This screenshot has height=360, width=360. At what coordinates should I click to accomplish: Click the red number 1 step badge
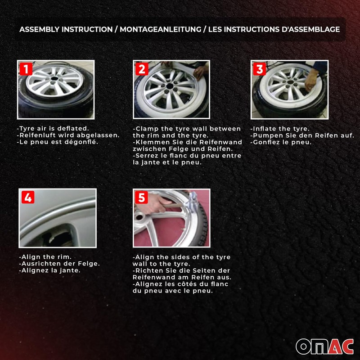tap(26, 69)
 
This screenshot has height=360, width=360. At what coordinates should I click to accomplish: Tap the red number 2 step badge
tap(142, 69)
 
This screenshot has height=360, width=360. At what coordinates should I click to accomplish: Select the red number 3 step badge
tap(259, 69)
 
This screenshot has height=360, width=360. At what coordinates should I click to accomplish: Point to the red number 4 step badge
tap(27, 198)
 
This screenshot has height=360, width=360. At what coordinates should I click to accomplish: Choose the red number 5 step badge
tap(142, 198)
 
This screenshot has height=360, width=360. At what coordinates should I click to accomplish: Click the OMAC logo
tap(324, 346)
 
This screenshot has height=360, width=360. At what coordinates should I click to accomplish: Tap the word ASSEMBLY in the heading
tap(39, 29)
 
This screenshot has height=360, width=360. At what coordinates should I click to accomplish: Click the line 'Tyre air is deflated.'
tap(53, 129)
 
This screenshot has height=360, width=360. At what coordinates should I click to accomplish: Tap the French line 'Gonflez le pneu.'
tap(282, 142)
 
